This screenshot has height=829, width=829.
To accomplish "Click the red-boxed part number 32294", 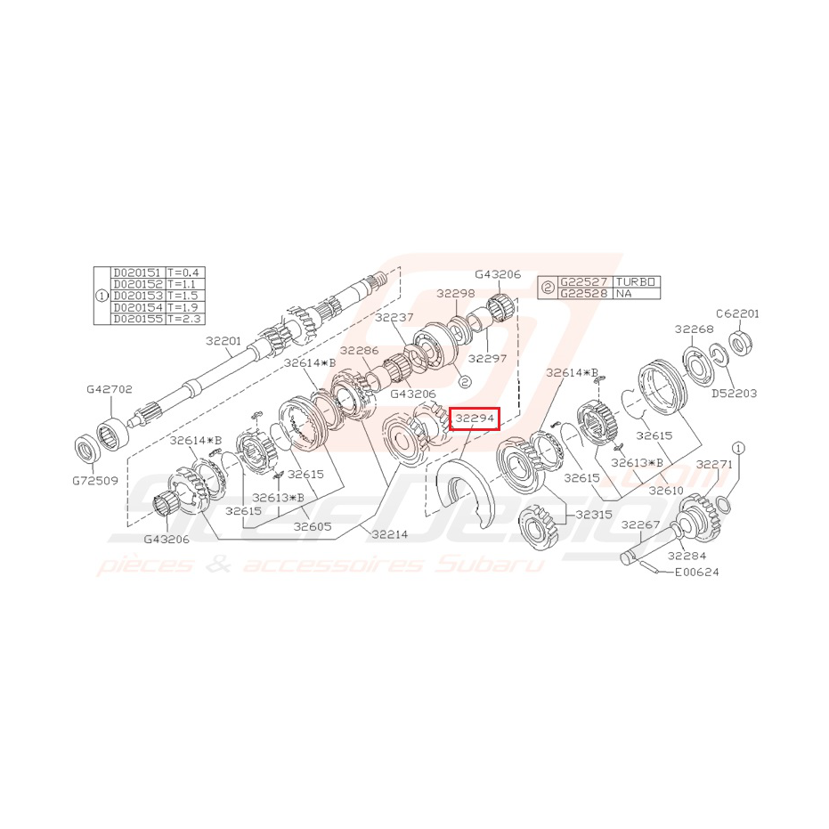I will [475, 418].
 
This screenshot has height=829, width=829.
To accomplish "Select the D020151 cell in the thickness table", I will [137, 272].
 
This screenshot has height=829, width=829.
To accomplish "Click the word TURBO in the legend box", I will [636, 281].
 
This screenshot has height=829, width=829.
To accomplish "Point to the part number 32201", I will [224, 340].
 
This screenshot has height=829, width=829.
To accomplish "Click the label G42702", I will [110, 389].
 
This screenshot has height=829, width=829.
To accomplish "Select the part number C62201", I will [737, 313].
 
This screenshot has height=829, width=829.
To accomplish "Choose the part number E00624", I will [696, 572].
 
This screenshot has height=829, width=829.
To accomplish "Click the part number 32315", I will [594, 514].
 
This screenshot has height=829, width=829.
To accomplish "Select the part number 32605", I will [314, 526].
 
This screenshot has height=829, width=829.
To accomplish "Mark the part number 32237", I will [393, 317].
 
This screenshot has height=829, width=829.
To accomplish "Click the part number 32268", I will [694, 329].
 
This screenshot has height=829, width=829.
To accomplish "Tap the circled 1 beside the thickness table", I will [101, 296].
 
